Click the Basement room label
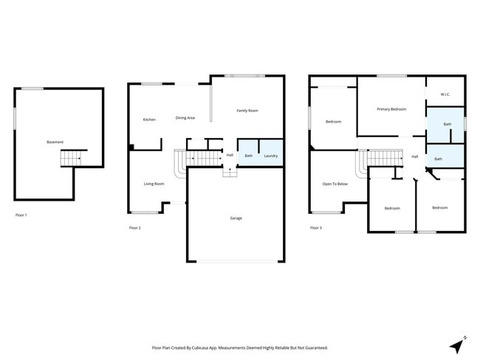(x=55, y=142)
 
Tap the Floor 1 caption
(x=21, y=215)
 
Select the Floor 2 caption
(x=134, y=228)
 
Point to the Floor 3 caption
(x=315, y=228)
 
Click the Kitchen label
(x=149, y=120)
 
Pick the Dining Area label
(x=185, y=118)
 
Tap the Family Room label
(x=247, y=111)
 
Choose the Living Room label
(x=154, y=184)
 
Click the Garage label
(x=236, y=218)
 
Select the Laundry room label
(x=271, y=156)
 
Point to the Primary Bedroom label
(x=391, y=109)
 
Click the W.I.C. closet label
(x=445, y=94)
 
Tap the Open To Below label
(x=335, y=184)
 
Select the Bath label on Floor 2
(x=249, y=156)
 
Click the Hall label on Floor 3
(x=415, y=156)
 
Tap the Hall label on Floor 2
(x=230, y=155)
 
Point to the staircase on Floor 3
(x=384, y=157)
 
